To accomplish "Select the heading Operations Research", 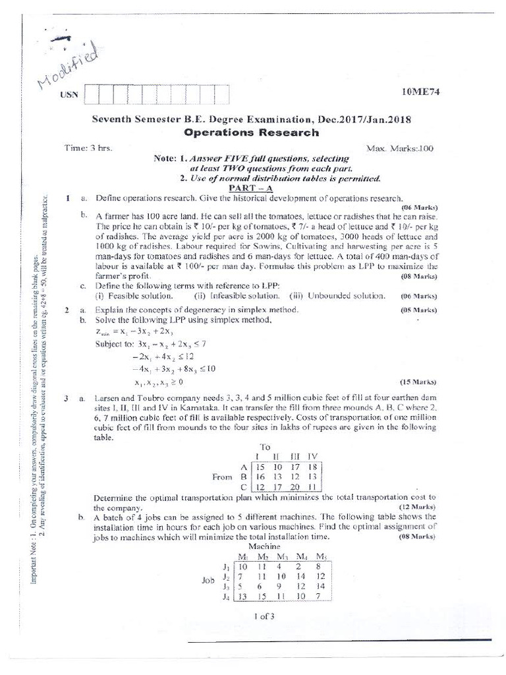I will (x=252, y=132).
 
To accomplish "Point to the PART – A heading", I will (x=245, y=188).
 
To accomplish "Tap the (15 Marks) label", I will (x=418, y=382).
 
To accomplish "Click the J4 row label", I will (x=226, y=598).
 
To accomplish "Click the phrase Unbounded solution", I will (x=346, y=296).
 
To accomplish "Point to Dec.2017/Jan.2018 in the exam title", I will (x=364, y=119).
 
